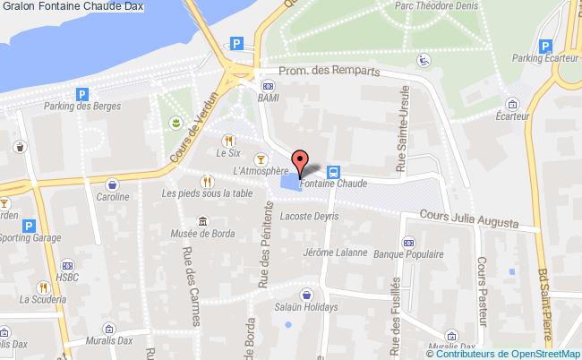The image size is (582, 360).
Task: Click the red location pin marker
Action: [300, 162]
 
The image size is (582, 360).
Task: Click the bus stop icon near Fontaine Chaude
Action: [333, 172]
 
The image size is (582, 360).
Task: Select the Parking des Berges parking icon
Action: [82, 94]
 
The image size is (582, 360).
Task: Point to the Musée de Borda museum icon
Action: [203, 222]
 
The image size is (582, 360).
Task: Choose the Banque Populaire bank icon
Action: [408, 241]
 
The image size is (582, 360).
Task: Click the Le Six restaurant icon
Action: [229, 140]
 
